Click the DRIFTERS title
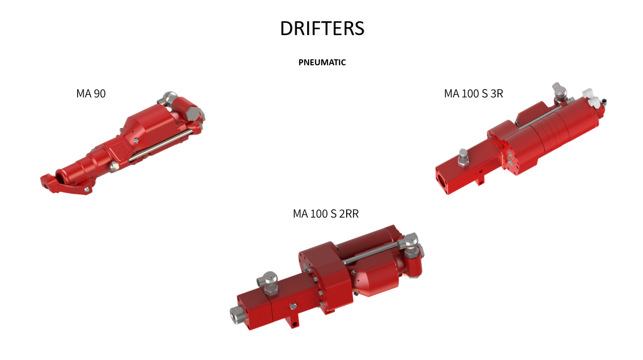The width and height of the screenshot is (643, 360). tap(322, 28)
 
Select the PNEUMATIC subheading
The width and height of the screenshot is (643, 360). tap(322, 62)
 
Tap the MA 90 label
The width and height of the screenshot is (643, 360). tap(91, 93)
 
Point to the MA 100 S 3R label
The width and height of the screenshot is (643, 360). tap(473, 93)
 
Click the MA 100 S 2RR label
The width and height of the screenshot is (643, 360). tap(326, 214)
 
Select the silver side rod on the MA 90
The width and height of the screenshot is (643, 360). tap(161, 145)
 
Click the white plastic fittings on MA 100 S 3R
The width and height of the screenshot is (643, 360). tap(592, 97)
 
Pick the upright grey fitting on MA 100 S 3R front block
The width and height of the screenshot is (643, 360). tap(463, 157)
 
